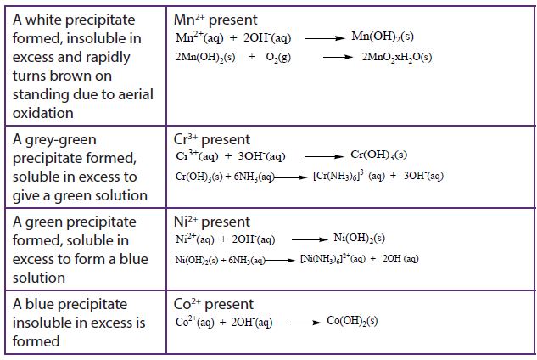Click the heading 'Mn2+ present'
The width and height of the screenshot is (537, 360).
[215, 20]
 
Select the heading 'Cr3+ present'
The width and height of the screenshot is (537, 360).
[211, 139]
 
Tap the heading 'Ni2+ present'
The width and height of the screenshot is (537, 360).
[211, 222]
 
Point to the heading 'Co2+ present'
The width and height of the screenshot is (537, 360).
[214, 304]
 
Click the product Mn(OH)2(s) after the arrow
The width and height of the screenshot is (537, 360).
[383, 37]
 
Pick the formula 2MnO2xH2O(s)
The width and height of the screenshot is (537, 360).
[397, 57]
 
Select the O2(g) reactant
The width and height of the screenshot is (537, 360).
[278, 57]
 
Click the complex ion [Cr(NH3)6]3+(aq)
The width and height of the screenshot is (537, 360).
[349, 176]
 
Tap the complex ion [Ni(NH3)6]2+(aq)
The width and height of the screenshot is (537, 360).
[333, 258]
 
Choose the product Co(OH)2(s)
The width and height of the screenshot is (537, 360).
[352, 321]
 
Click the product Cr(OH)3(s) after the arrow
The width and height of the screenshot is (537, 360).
[378, 155]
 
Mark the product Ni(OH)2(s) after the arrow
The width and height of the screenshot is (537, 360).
[359, 239]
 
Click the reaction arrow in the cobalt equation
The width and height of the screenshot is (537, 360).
[304, 323]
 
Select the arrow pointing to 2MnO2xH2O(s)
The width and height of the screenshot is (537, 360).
[338, 57]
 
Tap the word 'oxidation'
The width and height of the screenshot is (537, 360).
[43, 113]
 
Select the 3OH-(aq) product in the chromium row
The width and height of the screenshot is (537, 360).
[423, 176]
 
